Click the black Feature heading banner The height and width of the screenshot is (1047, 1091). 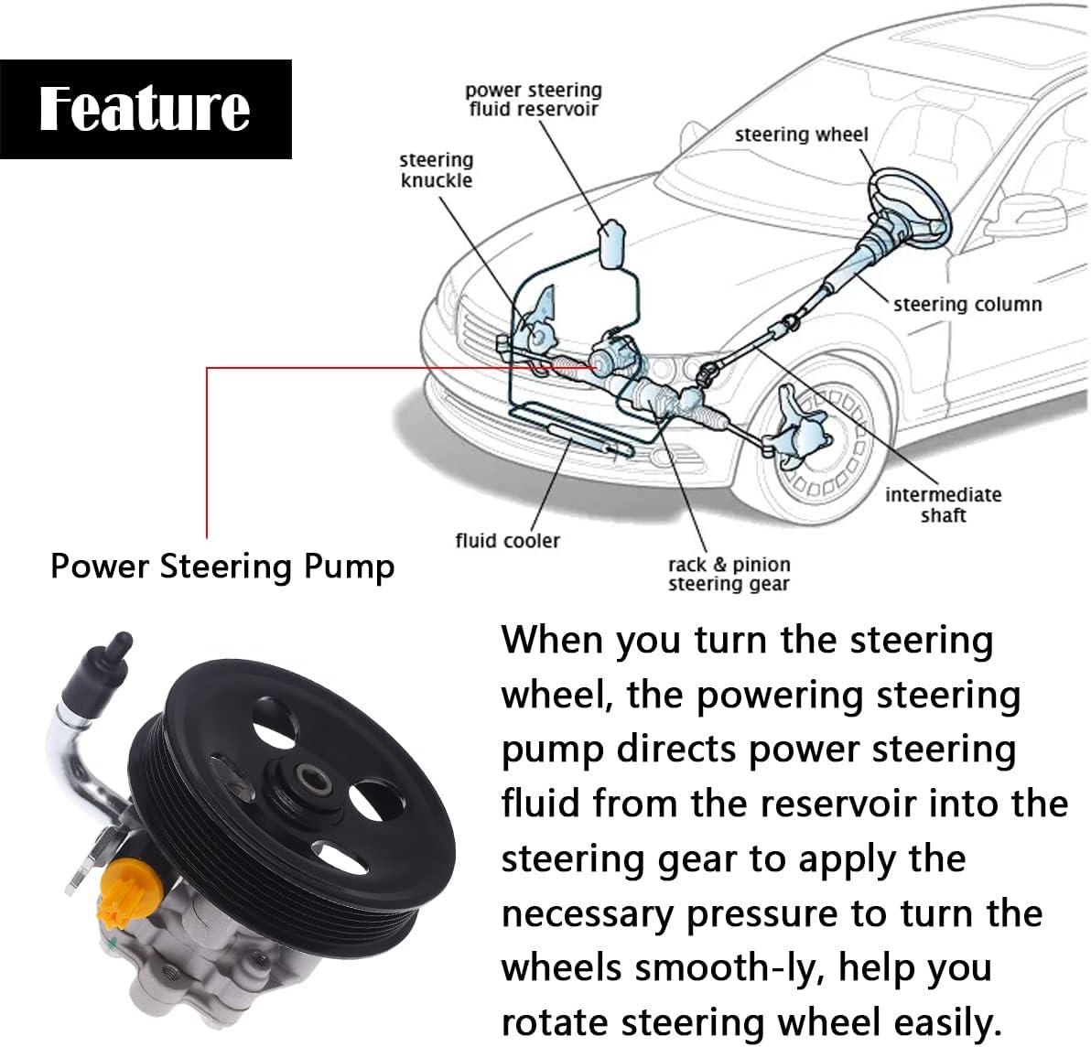[146, 109]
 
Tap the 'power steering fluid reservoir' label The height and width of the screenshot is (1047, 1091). [534, 100]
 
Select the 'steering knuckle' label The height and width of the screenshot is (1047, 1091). [437, 170]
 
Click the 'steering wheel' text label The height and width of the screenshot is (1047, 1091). [801, 135]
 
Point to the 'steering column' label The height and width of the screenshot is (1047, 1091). [967, 304]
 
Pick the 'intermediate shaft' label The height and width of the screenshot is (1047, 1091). [943, 504]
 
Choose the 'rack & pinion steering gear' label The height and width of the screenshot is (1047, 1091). [729, 574]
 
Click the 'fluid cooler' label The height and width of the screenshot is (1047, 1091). [507, 540]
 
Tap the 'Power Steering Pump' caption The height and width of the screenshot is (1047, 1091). [222, 567]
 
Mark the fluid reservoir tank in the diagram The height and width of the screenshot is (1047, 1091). [610, 242]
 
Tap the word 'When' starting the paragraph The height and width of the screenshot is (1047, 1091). [551, 640]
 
